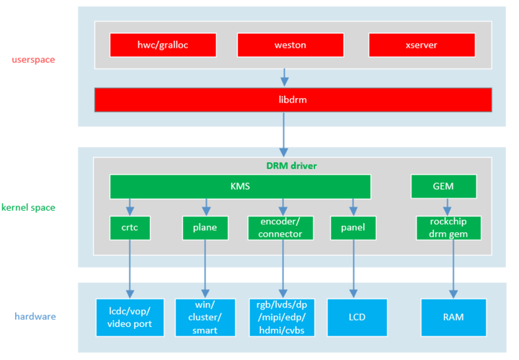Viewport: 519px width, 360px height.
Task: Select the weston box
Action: tap(290, 45)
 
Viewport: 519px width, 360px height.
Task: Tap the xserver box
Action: tap(421, 45)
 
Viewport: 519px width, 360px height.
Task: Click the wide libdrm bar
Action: tap(293, 100)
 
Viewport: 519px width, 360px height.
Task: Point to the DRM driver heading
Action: tap(291, 166)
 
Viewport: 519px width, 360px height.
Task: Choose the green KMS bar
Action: tap(240, 186)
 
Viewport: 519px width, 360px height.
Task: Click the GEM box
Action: tap(443, 186)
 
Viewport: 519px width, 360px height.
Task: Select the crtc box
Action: tap(130, 228)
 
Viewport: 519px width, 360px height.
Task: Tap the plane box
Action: tap(205, 228)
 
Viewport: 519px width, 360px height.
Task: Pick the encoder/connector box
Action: tap(281, 228)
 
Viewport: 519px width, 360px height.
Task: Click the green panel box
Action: tap(352, 228)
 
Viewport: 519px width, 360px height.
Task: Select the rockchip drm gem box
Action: tap(449, 228)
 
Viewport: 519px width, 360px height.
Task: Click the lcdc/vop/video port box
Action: tap(130, 317)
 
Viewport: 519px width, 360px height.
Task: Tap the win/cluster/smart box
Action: tap(205, 317)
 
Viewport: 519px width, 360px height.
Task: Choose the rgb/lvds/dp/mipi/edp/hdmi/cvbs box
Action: tap(281, 317)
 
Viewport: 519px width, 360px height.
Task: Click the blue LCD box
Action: tap(352, 317)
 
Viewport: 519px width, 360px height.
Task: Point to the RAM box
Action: tap(453, 317)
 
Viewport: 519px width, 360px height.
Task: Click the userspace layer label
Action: tap(34, 59)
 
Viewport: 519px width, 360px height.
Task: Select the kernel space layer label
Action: tap(28, 208)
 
